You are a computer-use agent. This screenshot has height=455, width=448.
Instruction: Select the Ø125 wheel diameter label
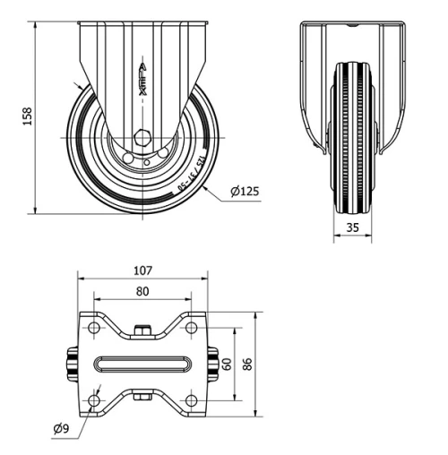[x=245, y=192]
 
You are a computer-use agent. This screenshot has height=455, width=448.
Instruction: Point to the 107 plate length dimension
[x=142, y=270]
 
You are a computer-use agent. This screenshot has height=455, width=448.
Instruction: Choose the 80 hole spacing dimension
[x=142, y=291]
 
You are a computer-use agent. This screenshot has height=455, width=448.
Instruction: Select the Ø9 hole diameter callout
[x=62, y=429]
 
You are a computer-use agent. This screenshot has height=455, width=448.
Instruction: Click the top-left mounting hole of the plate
[x=94, y=328]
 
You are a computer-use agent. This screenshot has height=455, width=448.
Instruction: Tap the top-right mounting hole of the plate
[x=191, y=328]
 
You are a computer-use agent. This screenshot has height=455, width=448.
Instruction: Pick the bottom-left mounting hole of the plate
[x=94, y=399]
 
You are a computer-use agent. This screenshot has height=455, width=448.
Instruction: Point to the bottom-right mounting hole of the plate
[x=191, y=399]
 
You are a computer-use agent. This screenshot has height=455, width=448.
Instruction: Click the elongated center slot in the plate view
[x=142, y=365]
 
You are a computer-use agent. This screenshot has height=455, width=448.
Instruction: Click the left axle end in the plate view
[x=69, y=365]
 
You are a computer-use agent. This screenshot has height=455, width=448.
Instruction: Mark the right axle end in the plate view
[x=213, y=365]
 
